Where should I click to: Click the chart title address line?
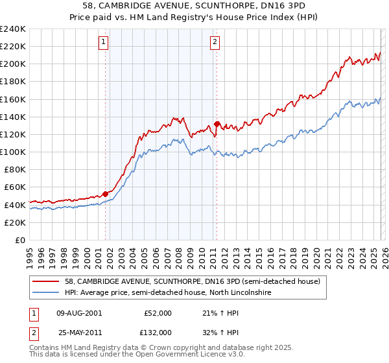coord(194,6)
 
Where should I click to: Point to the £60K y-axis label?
coord(14,187)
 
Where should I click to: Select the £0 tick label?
coord(21,240)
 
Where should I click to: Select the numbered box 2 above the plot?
coord(215,43)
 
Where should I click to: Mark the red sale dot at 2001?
coord(105,194)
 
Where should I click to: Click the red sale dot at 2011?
coord(217,124)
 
